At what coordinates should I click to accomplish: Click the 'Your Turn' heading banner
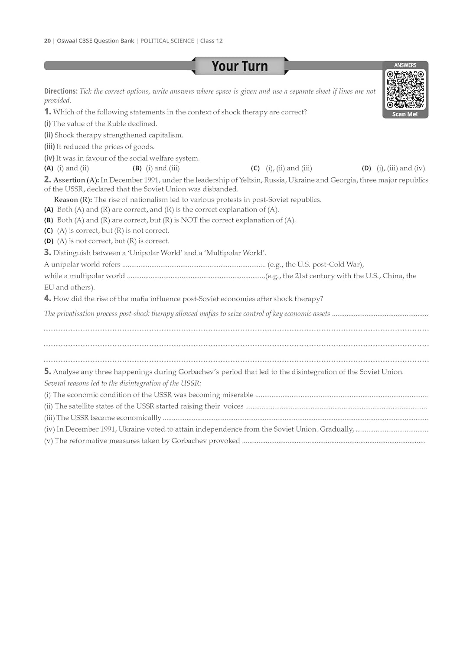(240, 66)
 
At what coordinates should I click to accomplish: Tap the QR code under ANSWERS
(405, 89)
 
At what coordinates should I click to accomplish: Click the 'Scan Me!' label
(405, 114)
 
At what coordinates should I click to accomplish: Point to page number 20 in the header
(47, 41)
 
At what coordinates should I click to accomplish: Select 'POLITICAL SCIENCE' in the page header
(167, 41)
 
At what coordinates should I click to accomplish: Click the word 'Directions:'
(61, 91)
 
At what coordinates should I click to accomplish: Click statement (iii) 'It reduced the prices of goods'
(105, 146)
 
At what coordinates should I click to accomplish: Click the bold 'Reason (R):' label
(73, 200)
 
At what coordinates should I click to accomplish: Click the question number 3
(47, 252)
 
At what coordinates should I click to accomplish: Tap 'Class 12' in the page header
(211, 41)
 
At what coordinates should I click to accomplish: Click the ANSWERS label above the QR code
(405, 65)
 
